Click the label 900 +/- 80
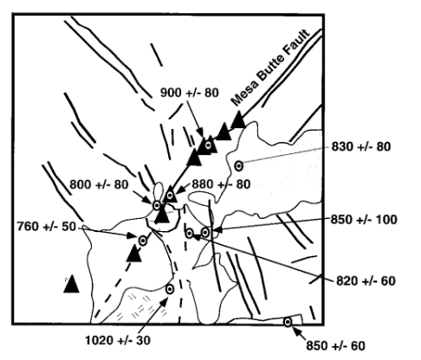tap(190, 93)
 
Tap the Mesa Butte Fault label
tap(270, 67)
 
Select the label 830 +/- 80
tap(360, 146)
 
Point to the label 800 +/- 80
tap(99, 184)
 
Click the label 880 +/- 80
tap(221, 184)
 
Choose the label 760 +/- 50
tap(47, 227)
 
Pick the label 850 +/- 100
tap(364, 220)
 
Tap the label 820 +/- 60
tap(366, 280)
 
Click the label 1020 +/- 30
tap(118, 341)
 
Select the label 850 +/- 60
tap(335, 346)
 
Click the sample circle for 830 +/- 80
tap(238, 166)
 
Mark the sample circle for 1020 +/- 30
tap(170, 289)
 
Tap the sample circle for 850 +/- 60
tap(288, 322)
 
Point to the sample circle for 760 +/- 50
tap(143, 241)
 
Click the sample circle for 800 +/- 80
tap(157, 206)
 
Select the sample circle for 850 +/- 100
tap(205, 232)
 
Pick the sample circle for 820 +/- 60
tap(190, 233)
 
